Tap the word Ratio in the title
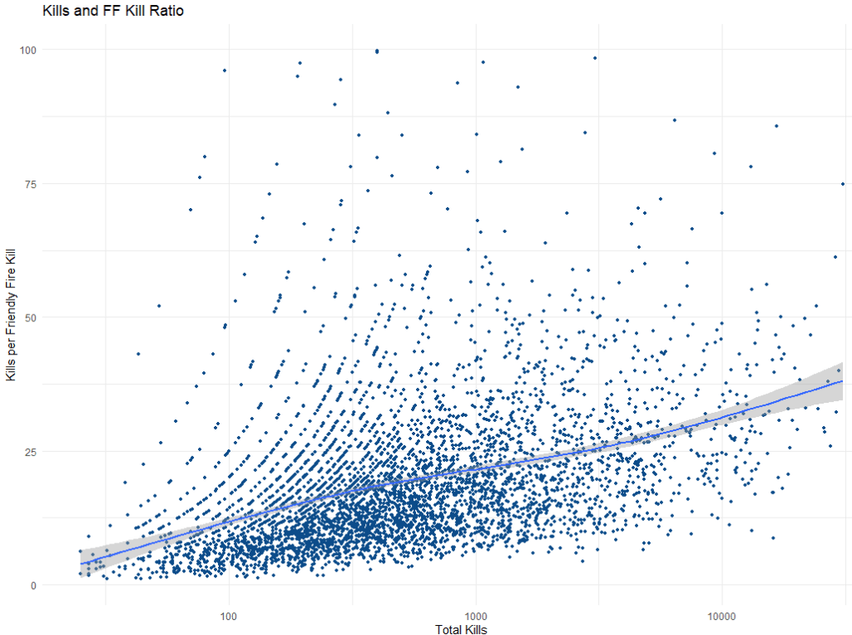click(x=166, y=12)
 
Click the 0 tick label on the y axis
click(x=34, y=585)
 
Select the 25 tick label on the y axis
click(x=32, y=451)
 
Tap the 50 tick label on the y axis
click(x=32, y=317)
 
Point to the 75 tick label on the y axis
click(x=32, y=183)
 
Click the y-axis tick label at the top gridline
click(x=29, y=50)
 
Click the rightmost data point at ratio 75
click(x=843, y=184)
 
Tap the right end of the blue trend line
click(x=843, y=380)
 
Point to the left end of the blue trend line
click(x=80, y=564)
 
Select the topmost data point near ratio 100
click(x=377, y=51)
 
